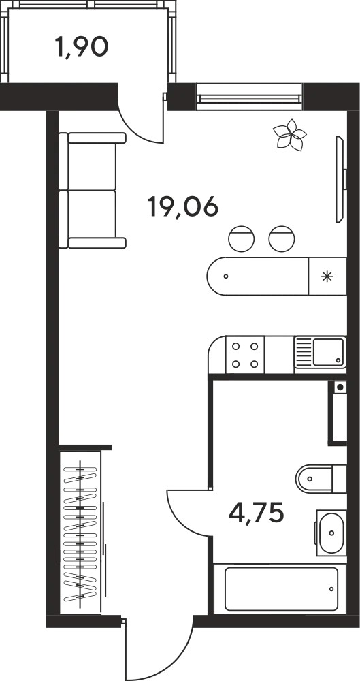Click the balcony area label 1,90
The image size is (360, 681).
[81, 47]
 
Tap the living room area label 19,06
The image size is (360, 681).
[182, 207]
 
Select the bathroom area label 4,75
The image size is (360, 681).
[256, 513]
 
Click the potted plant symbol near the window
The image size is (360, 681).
[290, 135]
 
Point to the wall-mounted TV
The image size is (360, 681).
[340, 179]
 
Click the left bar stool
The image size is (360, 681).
[242, 239]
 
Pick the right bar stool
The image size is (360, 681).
[282, 239]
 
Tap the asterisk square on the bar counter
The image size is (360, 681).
[327, 276]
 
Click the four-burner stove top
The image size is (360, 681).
[245, 355]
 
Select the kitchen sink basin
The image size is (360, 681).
[328, 352]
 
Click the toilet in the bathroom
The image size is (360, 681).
[321, 479]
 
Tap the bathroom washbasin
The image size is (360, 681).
[331, 533]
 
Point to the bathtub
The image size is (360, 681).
[280, 589]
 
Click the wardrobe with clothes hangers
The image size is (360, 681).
[80, 532]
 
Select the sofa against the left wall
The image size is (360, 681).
[92, 191]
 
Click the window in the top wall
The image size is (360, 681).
[250, 97]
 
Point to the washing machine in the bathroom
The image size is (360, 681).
[338, 413]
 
